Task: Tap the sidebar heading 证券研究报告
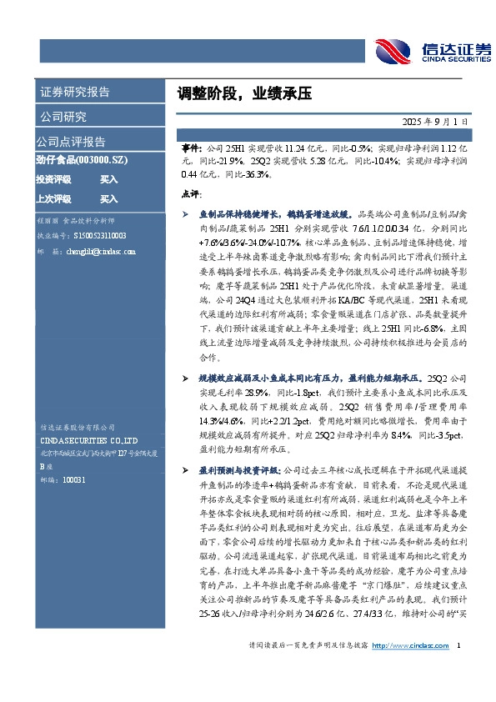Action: (x=74, y=92)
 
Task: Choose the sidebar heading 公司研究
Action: (x=63, y=117)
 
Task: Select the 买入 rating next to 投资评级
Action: (x=109, y=179)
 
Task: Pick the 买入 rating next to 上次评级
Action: (x=109, y=199)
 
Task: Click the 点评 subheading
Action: (x=190, y=193)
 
